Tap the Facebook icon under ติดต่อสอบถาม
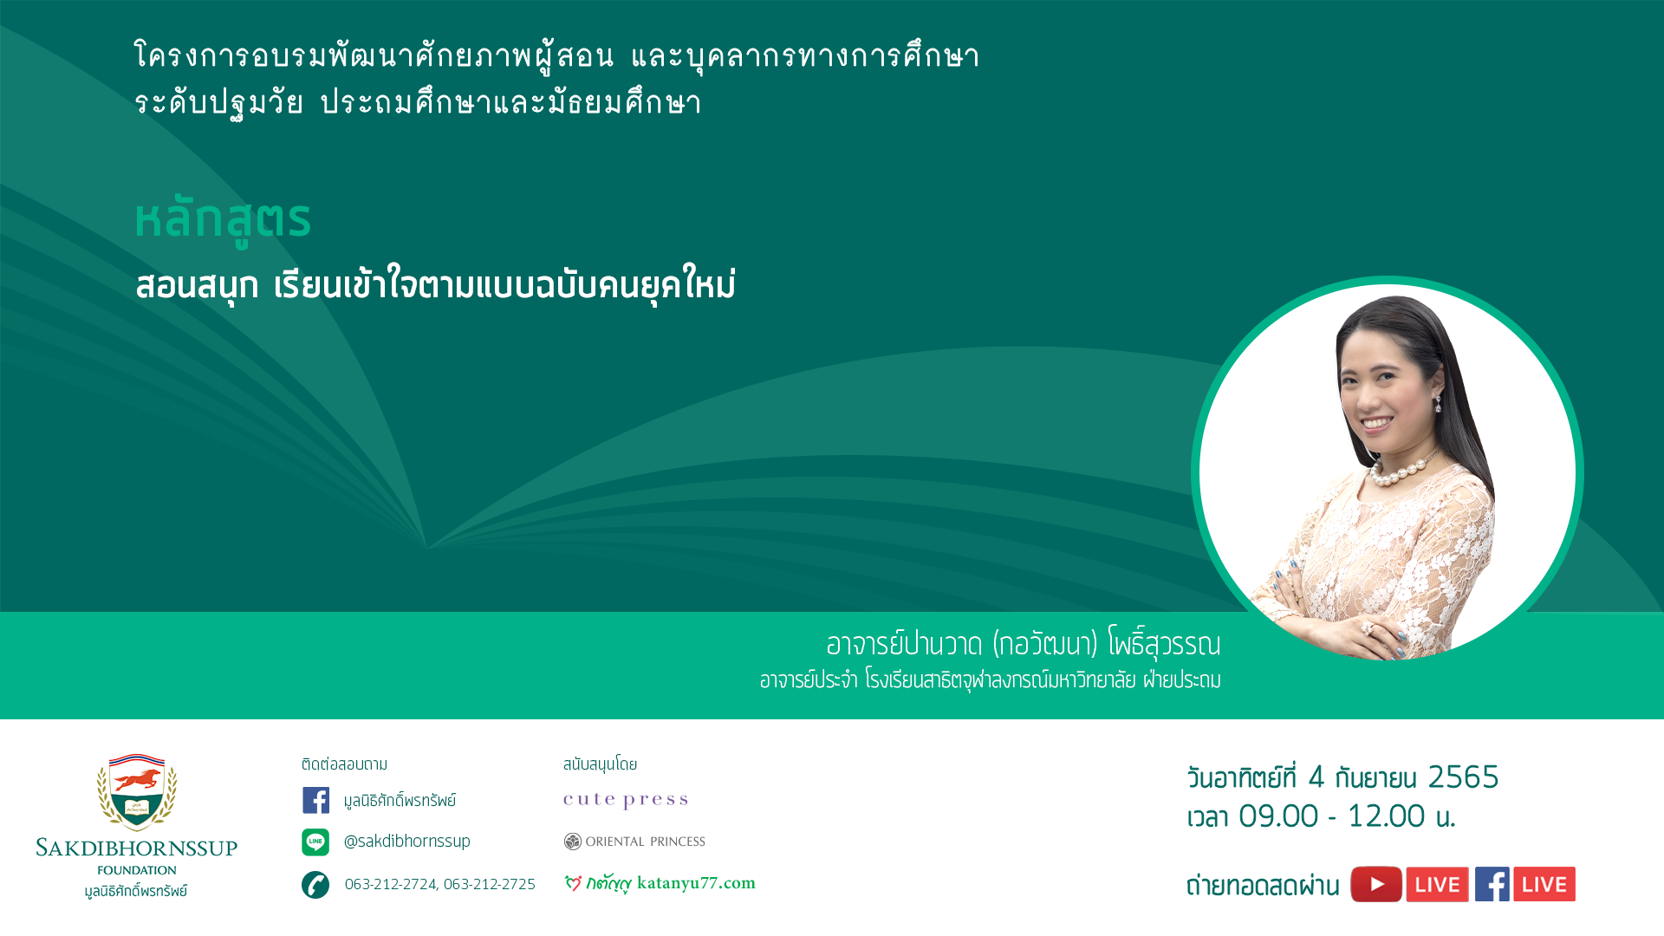(315, 800)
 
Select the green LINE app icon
(315, 842)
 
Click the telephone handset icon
(315, 885)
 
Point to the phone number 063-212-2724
(391, 884)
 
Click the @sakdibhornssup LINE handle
(407, 842)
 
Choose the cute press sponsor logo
(626, 800)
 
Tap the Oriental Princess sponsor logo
(634, 842)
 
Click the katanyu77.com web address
(696, 883)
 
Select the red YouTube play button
(1376, 884)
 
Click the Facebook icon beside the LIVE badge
(1492, 884)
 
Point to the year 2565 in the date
(1463, 777)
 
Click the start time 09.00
(1278, 816)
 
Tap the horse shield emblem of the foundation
(137, 791)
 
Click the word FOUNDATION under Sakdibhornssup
(137, 870)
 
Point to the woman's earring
(1438, 403)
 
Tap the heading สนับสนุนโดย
(600, 764)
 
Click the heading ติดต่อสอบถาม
(345, 764)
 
